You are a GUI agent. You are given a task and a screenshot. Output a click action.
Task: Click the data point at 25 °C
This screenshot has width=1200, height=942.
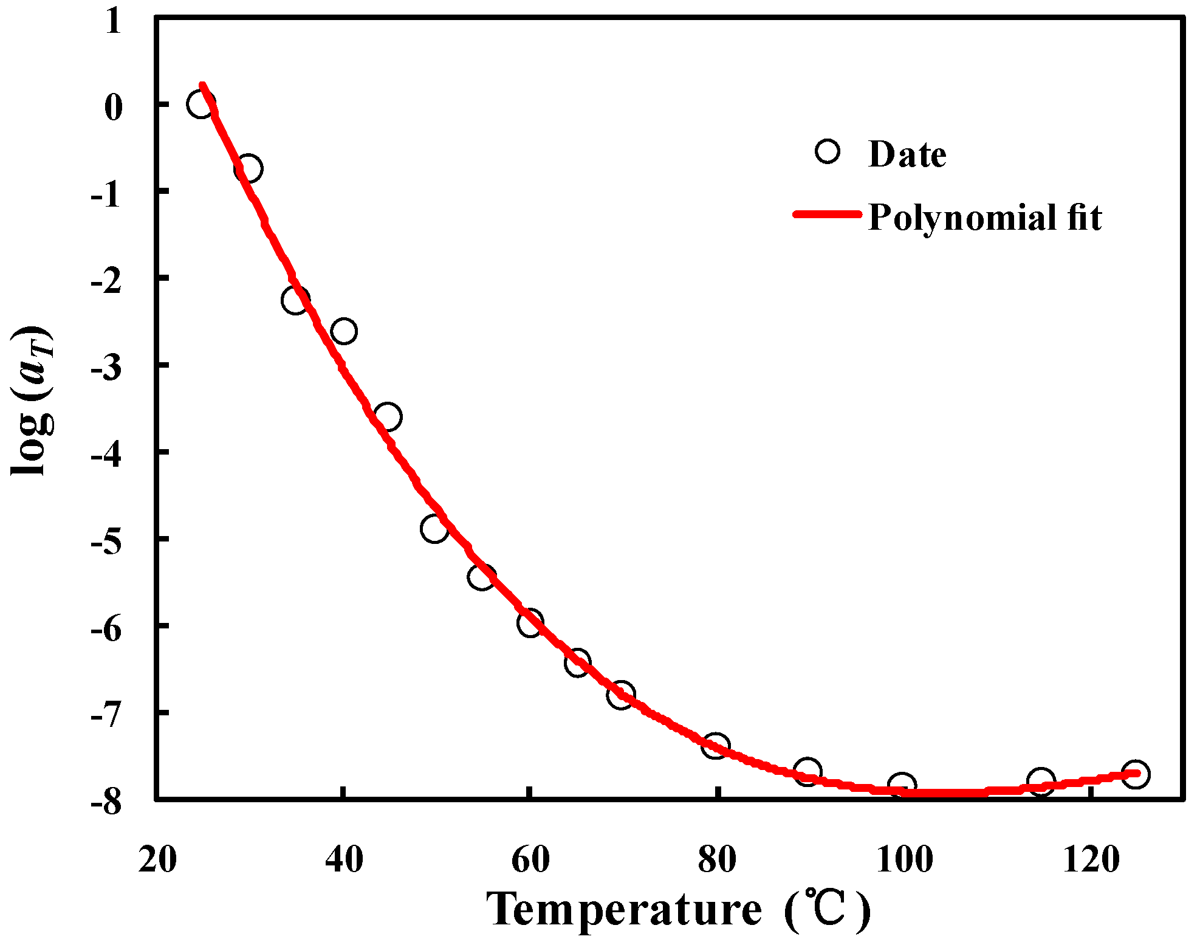(201, 105)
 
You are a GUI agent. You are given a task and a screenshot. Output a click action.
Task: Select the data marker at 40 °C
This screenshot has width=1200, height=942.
(344, 331)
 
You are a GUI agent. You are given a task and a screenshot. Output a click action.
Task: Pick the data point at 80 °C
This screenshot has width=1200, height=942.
(715, 745)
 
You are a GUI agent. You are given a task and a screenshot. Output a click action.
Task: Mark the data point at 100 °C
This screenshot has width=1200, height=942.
(902, 786)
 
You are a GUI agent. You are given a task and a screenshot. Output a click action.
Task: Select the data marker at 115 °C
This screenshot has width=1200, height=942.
(1041, 780)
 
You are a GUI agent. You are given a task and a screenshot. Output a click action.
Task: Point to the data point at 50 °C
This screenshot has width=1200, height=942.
(434, 528)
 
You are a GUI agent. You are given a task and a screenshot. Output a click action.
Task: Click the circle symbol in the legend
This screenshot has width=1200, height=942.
(828, 151)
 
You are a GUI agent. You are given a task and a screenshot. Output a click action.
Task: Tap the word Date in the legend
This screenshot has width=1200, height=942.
(907, 154)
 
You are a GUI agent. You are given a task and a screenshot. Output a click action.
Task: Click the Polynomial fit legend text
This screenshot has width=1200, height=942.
(984, 217)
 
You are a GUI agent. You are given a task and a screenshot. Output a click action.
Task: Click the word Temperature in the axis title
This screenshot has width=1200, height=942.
(624, 910)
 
